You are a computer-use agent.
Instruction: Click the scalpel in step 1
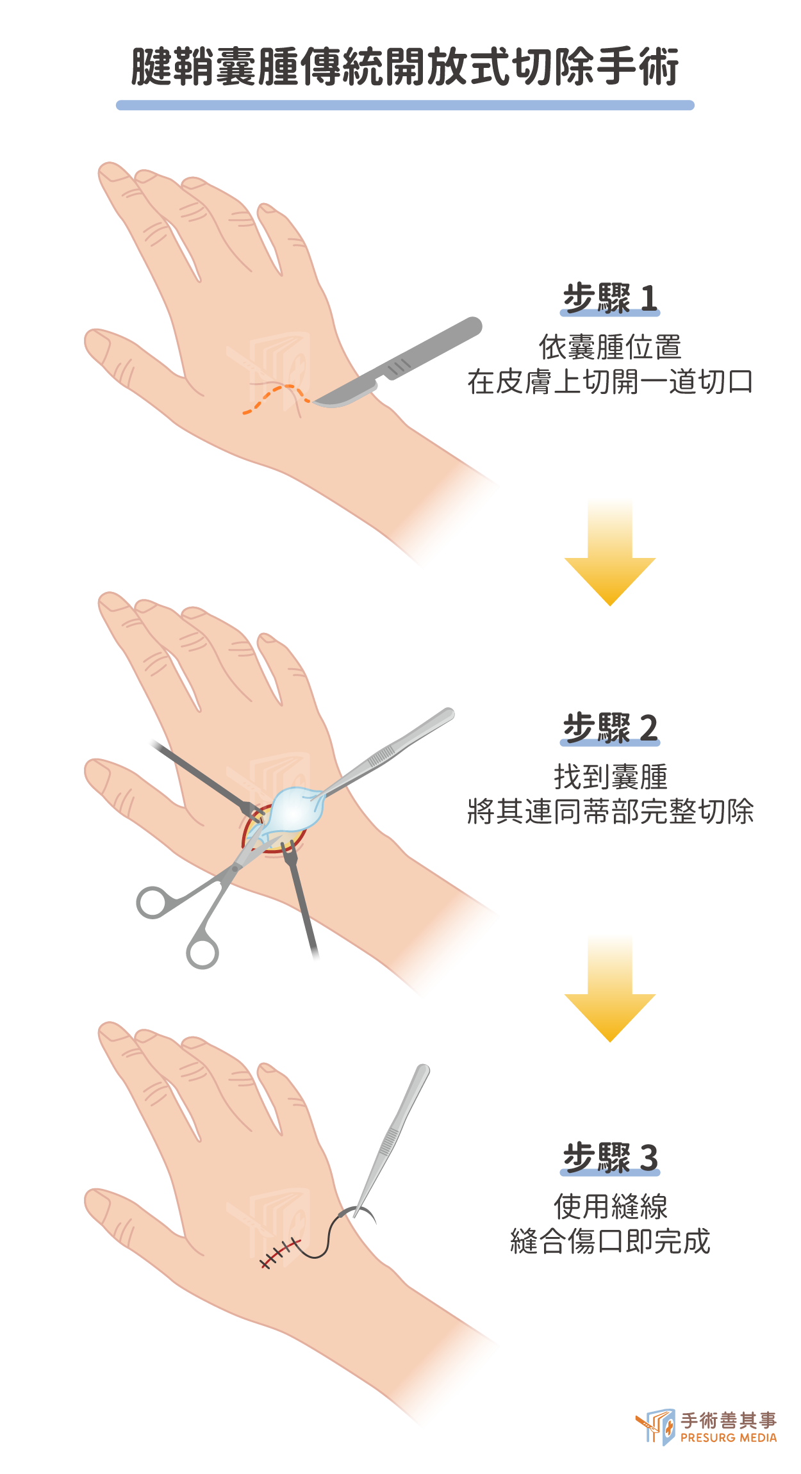397,363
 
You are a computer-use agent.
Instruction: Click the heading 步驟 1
610,298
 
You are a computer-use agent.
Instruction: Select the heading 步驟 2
610,728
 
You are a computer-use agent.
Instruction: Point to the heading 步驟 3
610,1158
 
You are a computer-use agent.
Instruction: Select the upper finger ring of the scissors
152,902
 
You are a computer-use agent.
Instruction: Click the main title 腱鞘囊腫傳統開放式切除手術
405,67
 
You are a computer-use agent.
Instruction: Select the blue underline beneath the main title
405,105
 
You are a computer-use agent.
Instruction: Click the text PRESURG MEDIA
729,1437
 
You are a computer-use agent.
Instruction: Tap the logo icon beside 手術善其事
656,1426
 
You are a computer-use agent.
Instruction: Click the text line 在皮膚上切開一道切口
610,382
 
